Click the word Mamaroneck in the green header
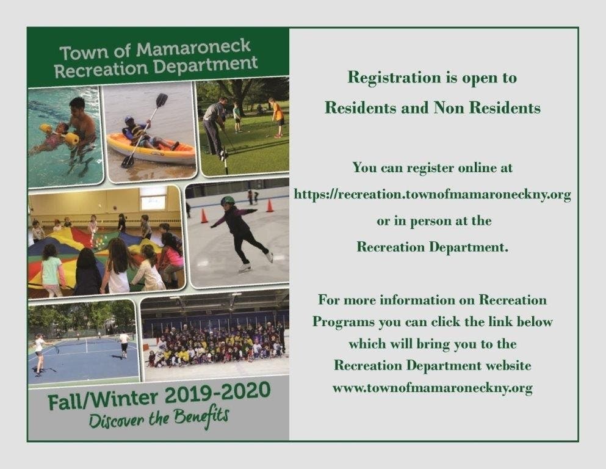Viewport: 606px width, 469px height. [x=193, y=48]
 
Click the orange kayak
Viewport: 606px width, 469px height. [x=151, y=149]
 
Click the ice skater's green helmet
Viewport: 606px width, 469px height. [x=228, y=200]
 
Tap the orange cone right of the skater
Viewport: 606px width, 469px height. [x=270, y=205]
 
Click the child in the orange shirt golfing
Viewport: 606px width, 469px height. [x=276, y=117]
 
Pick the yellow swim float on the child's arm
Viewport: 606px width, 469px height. [x=72, y=139]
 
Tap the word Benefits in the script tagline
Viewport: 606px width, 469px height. [x=201, y=418]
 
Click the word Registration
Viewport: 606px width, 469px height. [x=394, y=78]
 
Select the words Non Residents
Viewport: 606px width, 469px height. [x=487, y=107]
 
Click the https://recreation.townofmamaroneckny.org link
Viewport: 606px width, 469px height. [x=433, y=194]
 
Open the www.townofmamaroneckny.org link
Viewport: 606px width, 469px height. [x=433, y=387]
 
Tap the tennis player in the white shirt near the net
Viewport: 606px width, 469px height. [x=124, y=343]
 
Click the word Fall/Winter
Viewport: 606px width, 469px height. [x=103, y=400]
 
